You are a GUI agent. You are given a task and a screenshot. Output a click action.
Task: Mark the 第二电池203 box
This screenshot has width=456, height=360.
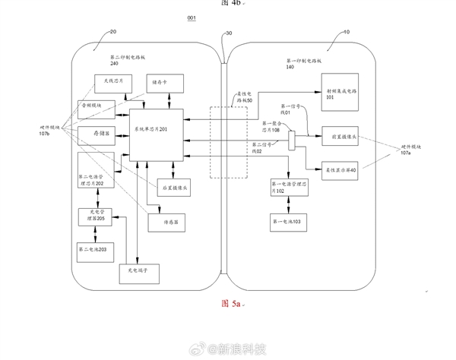[x=95, y=248]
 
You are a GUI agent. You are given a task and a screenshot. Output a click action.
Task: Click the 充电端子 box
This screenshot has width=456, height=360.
[x=136, y=271]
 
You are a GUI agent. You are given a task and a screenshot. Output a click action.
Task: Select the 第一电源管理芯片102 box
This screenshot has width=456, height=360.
[x=289, y=187]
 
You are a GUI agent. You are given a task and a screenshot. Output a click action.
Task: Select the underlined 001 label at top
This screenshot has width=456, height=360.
[x=192, y=17]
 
